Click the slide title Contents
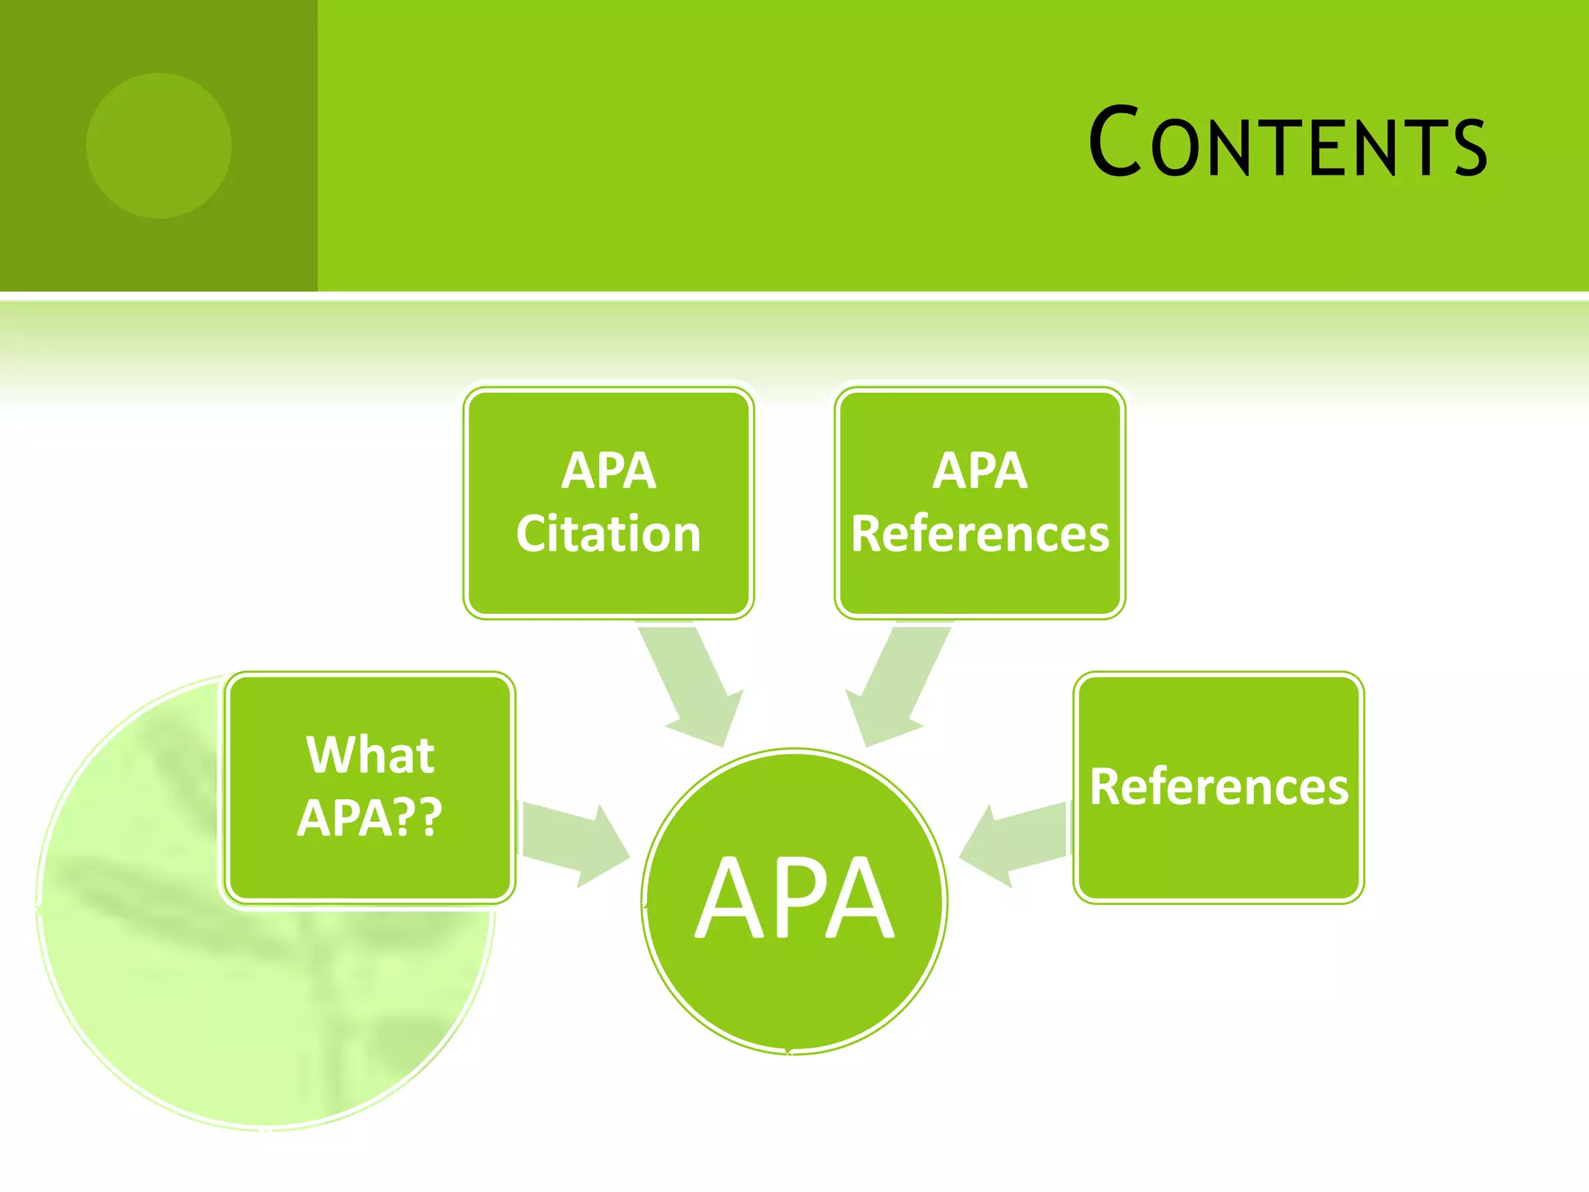point(1288,144)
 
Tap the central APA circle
point(794,900)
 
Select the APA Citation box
point(608,503)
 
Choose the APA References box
point(980,503)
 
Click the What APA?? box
point(370,788)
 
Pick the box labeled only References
point(1218,788)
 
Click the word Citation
point(608,534)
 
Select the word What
point(370,754)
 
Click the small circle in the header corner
point(158,145)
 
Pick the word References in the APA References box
point(980,534)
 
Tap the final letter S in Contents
point(1470,147)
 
